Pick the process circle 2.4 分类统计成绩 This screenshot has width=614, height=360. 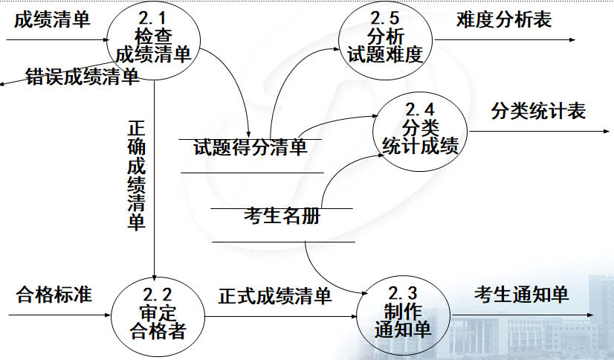pyautogui.click(x=420, y=128)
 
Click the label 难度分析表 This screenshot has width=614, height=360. pyautogui.click(x=504, y=20)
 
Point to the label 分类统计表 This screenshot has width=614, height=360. pyautogui.click(x=538, y=112)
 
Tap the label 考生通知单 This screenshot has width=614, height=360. pyautogui.click(x=522, y=295)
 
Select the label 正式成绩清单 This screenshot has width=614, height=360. pyautogui.click(x=275, y=297)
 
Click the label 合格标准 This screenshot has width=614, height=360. pyautogui.click(x=54, y=295)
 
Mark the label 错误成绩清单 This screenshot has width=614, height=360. pyautogui.click(x=82, y=77)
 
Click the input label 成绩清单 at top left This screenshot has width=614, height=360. pyautogui.click(x=52, y=19)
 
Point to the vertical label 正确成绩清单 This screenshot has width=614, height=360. pyautogui.click(x=136, y=175)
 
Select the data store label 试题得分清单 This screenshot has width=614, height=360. pyautogui.click(x=250, y=148)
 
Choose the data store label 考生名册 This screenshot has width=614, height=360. pyautogui.click(x=282, y=216)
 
